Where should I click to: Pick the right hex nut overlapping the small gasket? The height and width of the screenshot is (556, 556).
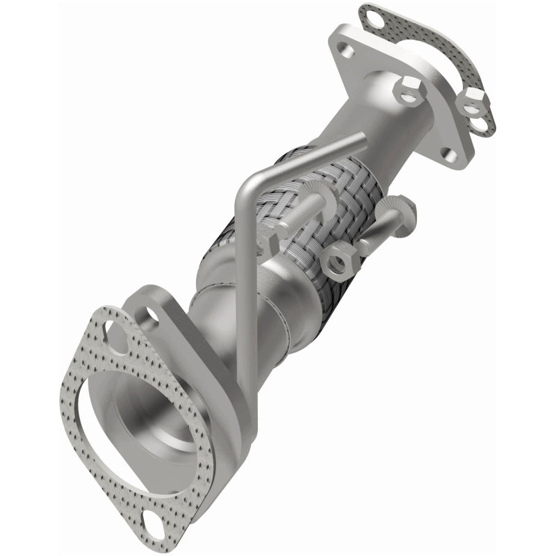pos(473,102)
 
